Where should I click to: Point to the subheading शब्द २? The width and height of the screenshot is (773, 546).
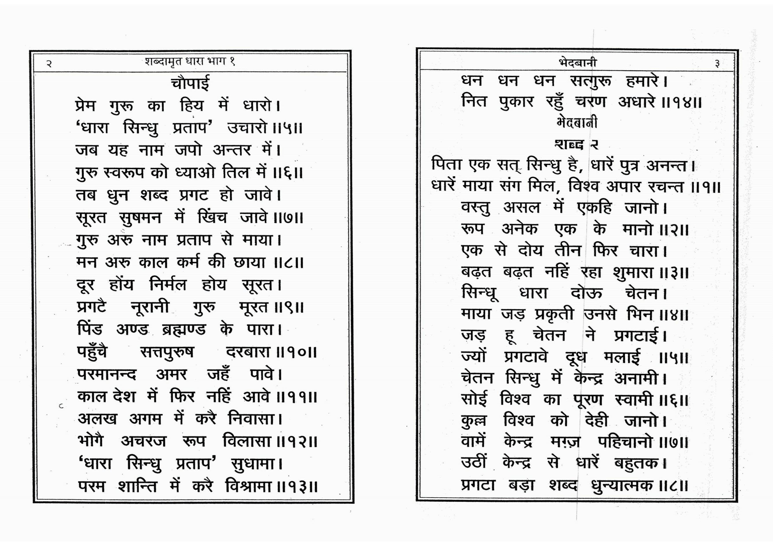coord(576,145)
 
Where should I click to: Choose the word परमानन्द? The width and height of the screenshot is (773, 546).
coord(107,375)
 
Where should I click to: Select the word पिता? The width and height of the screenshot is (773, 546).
coord(447,165)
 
